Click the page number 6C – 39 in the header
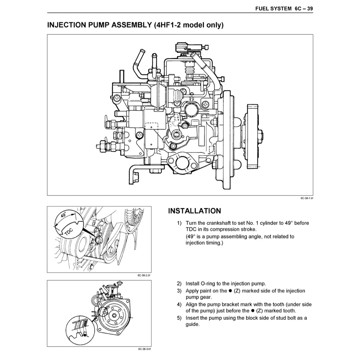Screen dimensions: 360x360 coord(303,8)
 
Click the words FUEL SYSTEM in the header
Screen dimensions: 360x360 coord(274,8)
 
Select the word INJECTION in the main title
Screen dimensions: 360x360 coord(66,25)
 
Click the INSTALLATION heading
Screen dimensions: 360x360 coord(194,211)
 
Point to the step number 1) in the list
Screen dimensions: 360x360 coord(179,223)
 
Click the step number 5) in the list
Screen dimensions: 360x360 coord(179,318)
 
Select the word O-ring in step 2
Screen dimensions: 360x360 coord(207,284)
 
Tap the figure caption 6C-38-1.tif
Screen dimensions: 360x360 coord(307,198)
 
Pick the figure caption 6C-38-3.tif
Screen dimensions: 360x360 coord(144,349)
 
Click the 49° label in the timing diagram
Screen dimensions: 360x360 coord(64,215)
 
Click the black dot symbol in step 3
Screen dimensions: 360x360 coord(230,291)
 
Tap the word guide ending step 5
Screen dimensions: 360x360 coord(192,324)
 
